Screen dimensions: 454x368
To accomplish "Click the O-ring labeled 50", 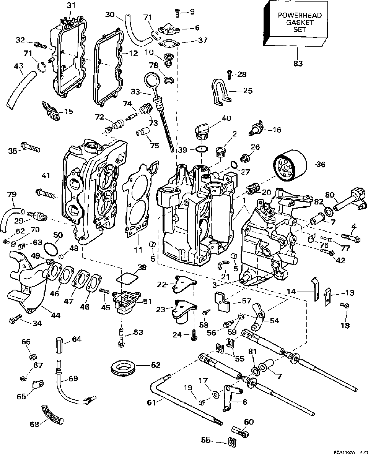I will coord(49,250).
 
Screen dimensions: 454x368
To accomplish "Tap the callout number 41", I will coord(46,175).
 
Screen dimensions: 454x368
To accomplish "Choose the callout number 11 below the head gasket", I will coord(138,250).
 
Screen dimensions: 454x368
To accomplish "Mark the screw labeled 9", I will coord(178,12).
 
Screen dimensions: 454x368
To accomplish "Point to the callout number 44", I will coord(55,316).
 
